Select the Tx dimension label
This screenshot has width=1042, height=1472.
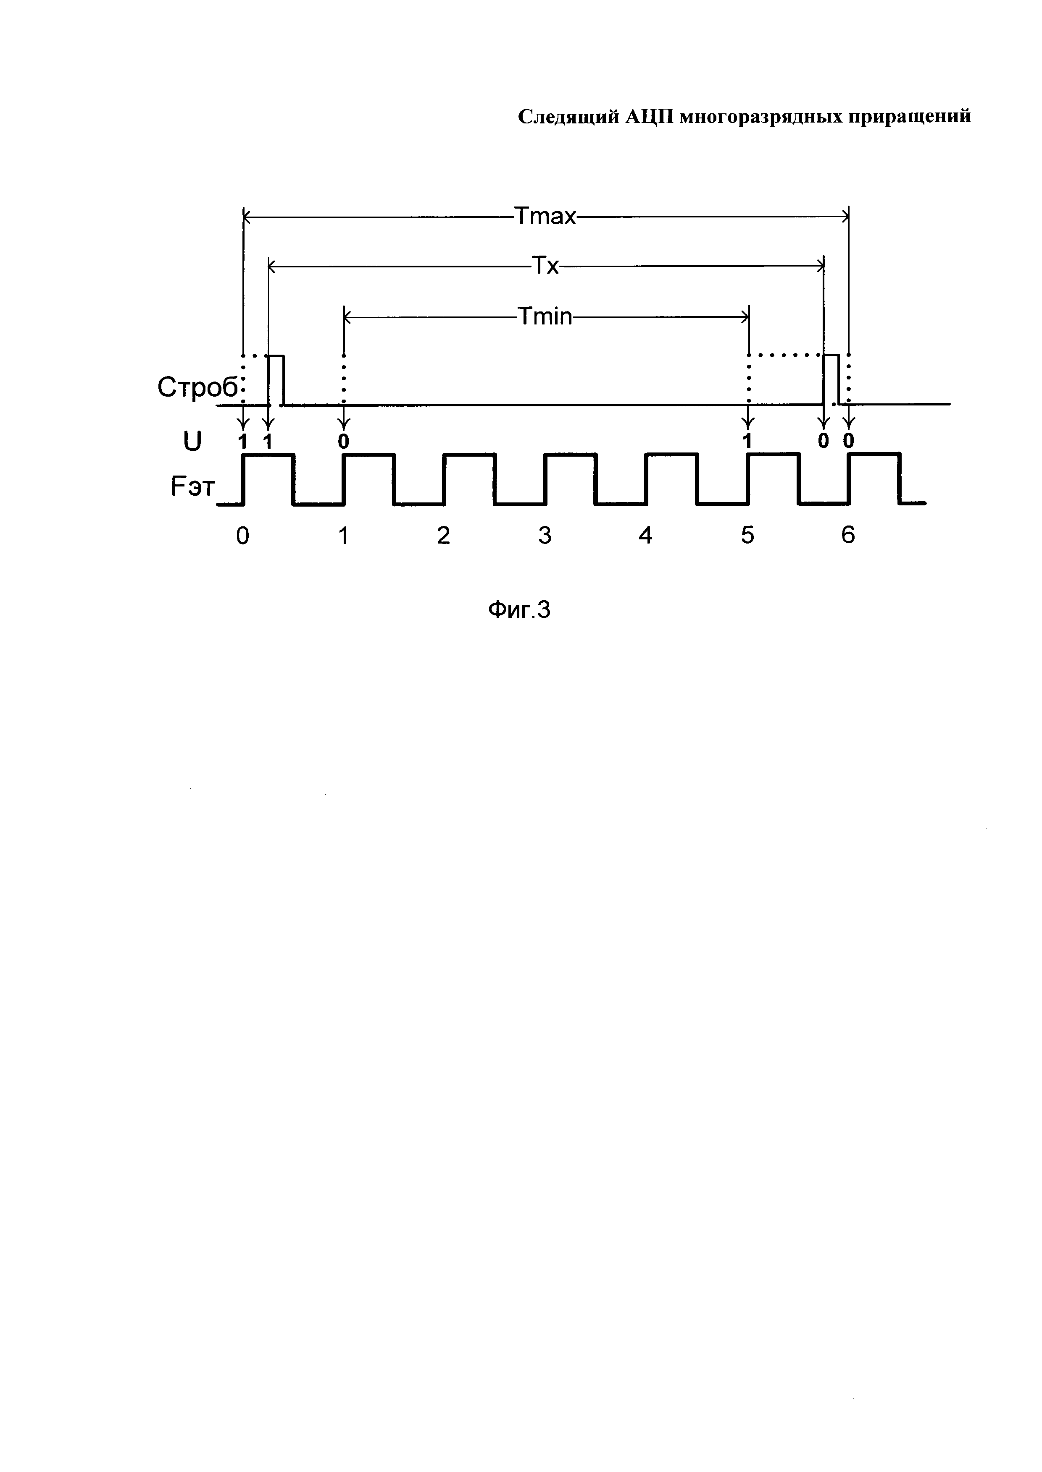click(545, 265)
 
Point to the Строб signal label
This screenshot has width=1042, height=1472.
click(197, 387)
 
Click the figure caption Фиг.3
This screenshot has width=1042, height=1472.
click(519, 610)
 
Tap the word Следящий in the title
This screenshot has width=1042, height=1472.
click(568, 117)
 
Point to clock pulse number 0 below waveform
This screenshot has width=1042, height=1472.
click(242, 535)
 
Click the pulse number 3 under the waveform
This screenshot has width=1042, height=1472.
click(545, 535)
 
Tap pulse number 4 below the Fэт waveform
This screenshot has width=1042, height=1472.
click(645, 535)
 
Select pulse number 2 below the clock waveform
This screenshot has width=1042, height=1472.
click(443, 535)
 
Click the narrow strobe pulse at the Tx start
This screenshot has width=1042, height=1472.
click(276, 379)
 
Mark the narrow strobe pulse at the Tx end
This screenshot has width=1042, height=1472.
click(831, 379)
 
